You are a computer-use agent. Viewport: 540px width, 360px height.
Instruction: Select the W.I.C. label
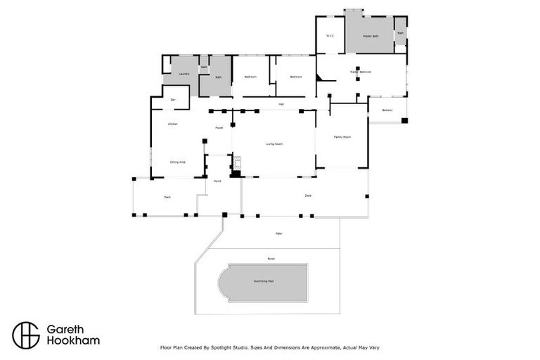tap(330, 36)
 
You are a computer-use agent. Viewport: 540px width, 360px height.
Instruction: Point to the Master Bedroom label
tap(361, 72)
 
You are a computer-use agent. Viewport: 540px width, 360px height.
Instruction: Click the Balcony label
tap(387, 110)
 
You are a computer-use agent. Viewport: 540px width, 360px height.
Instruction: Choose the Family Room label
tap(342, 137)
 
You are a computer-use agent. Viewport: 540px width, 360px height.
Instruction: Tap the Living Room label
tap(274, 144)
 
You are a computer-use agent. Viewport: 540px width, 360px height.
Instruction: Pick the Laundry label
tap(184, 73)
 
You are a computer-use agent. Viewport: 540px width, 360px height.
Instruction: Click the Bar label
tap(173, 100)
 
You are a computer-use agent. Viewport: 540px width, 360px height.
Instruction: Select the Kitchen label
tap(172, 124)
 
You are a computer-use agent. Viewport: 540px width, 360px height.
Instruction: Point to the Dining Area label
tap(177, 162)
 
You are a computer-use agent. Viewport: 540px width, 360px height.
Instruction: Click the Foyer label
tap(219, 128)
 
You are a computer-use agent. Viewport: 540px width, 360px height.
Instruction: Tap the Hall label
tap(281, 104)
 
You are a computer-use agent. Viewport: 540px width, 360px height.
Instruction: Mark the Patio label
tap(279, 233)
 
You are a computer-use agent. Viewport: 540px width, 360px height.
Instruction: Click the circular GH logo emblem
tap(26, 335)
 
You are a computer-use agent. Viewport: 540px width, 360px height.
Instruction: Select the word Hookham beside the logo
tap(73, 341)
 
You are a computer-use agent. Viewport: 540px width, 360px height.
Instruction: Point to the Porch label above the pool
tap(271, 259)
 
